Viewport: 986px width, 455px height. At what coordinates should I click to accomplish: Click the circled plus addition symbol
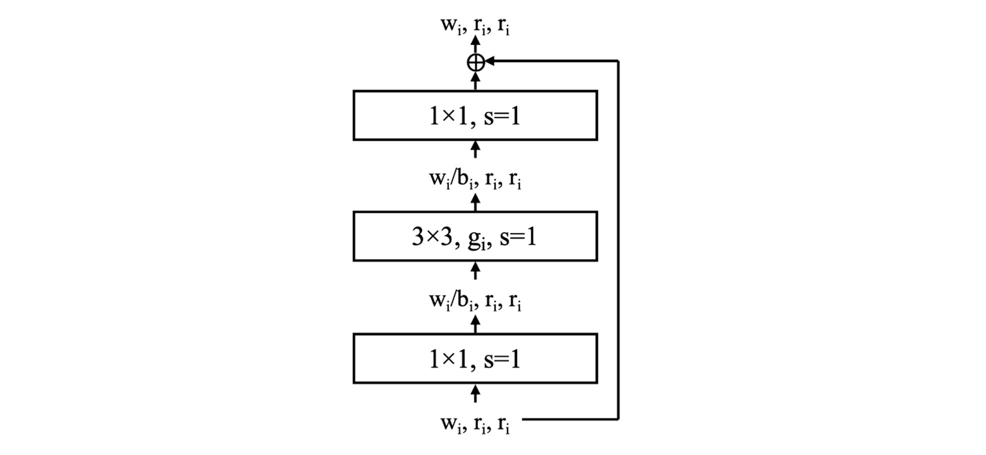click(x=475, y=63)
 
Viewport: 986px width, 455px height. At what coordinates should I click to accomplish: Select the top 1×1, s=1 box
click(x=475, y=116)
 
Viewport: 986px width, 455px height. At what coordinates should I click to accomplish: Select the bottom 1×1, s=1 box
click(x=475, y=358)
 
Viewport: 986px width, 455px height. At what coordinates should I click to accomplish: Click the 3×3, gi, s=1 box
click(x=475, y=236)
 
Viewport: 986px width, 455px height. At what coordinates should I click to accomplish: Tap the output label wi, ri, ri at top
click(x=475, y=26)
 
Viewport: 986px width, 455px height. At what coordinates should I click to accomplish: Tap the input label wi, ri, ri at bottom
click(x=475, y=424)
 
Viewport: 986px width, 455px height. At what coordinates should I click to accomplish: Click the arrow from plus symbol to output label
click(x=475, y=44)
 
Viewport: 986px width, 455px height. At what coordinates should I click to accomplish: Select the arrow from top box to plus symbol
click(x=475, y=81)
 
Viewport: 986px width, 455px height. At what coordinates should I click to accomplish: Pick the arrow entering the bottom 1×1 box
click(x=475, y=393)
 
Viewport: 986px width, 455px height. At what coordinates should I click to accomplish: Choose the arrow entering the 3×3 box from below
click(x=475, y=271)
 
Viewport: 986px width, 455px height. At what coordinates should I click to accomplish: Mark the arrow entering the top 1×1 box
click(x=475, y=149)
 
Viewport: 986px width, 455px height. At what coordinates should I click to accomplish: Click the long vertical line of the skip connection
click(x=618, y=240)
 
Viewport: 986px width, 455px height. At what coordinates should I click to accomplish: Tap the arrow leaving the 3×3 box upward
click(x=475, y=202)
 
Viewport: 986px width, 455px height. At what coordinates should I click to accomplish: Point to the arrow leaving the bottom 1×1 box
click(x=475, y=323)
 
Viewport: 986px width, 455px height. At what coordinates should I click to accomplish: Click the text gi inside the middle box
click(x=477, y=238)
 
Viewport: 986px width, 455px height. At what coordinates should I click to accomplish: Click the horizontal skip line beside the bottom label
click(x=570, y=419)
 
